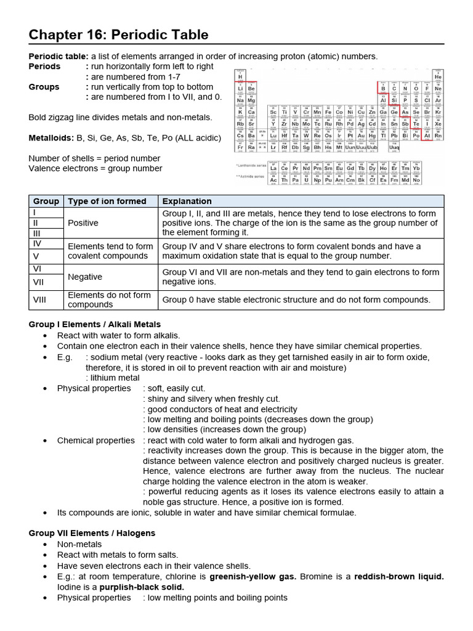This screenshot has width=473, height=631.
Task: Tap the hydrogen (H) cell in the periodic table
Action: coord(240,76)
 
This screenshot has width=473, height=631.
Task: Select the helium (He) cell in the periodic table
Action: coord(438,76)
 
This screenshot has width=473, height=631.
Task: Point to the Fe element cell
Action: coord(328,112)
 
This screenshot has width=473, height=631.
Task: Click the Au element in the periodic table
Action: coord(362,136)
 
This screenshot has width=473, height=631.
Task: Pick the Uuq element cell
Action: coord(394,148)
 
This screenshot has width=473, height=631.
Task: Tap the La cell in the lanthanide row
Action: coord(273,168)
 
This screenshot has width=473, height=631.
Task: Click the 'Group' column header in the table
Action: coord(46,201)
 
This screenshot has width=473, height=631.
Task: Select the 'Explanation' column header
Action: coord(187,201)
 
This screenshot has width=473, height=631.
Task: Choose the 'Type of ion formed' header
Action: coord(107,201)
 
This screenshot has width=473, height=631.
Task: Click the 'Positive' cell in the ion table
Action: coord(83,222)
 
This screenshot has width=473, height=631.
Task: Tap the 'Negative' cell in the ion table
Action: coord(85,277)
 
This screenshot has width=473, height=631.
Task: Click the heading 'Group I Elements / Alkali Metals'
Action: coord(95,324)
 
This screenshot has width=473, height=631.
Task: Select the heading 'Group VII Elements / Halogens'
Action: coord(92,533)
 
